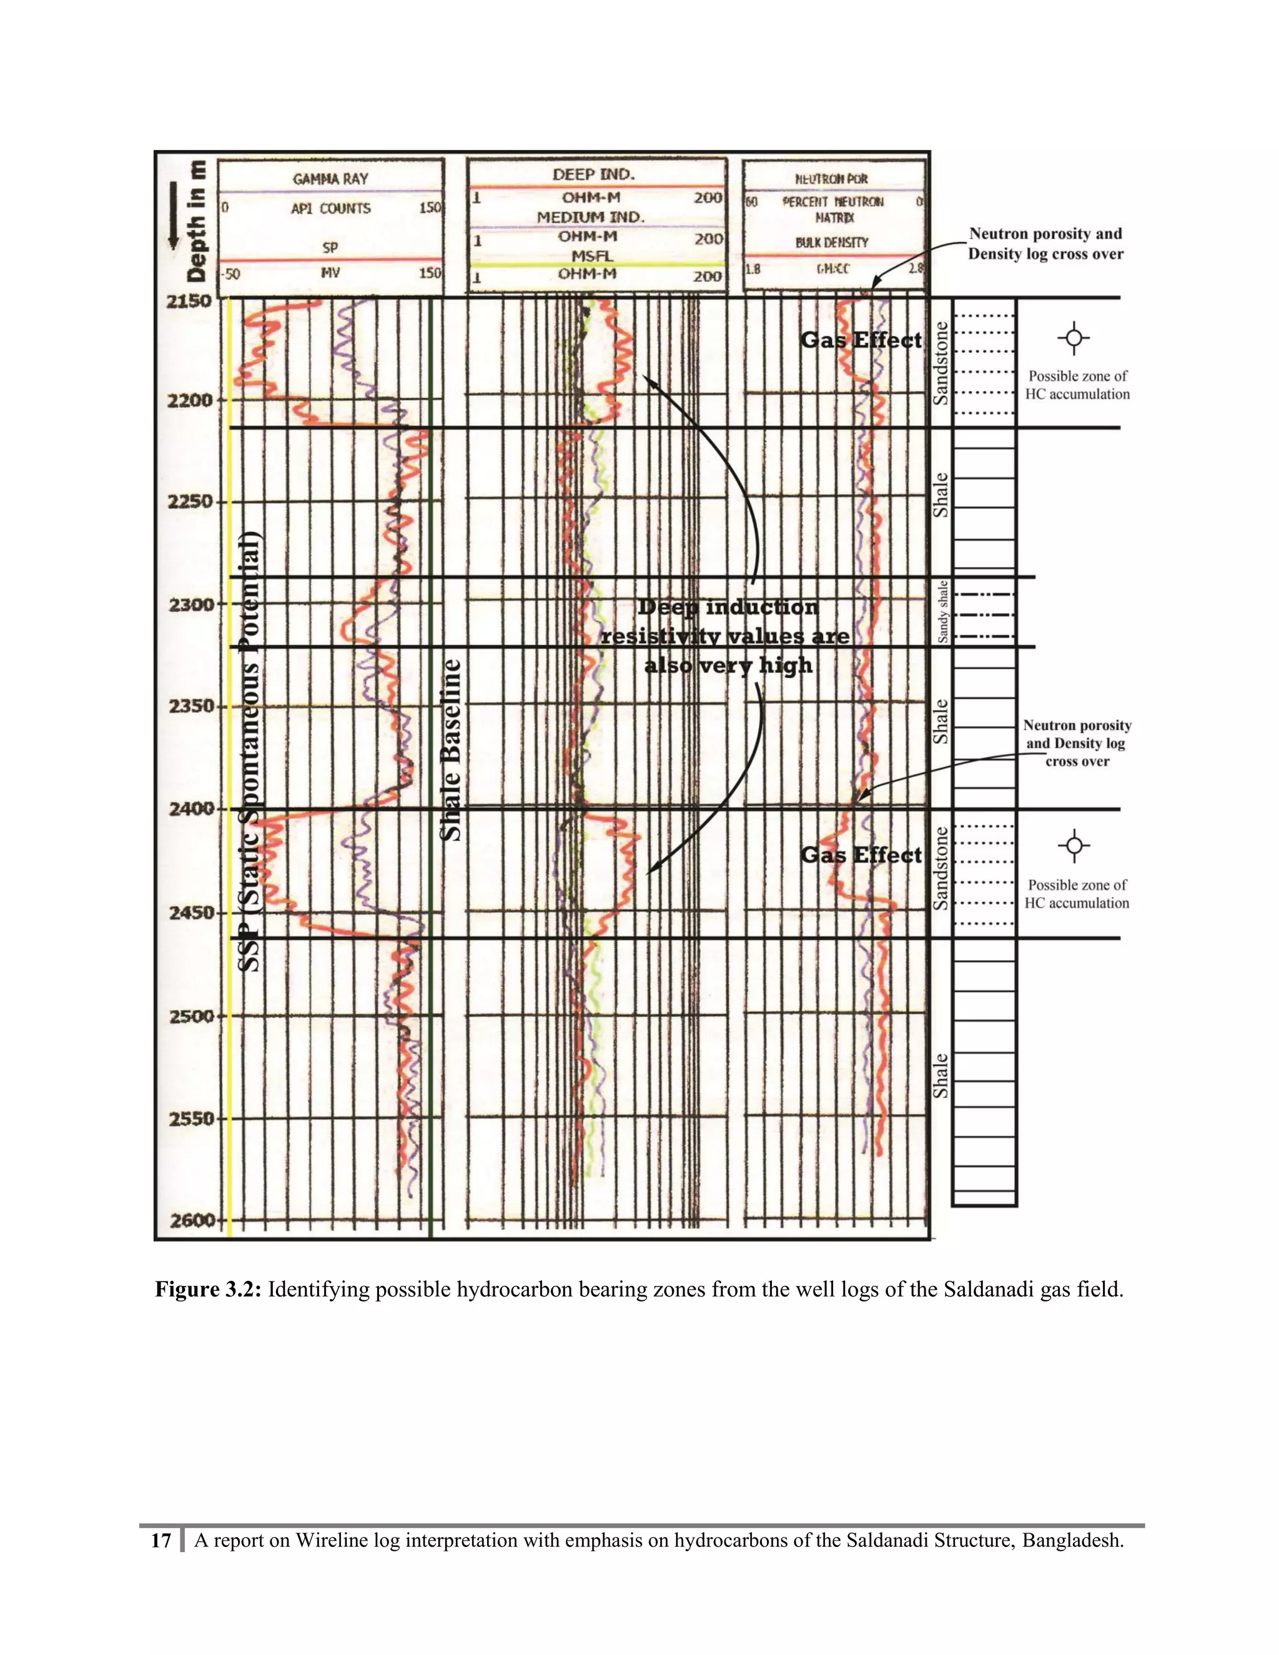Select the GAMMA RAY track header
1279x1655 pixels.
[x=330, y=179]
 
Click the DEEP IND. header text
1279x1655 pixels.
[x=593, y=174]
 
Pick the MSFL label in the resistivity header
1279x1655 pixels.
[x=592, y=256]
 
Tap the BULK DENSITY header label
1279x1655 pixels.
[x=832, y=242]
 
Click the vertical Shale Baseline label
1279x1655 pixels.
[x=452, y=749]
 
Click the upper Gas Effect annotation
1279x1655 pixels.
[x=861, y=340]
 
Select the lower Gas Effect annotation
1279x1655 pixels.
[x=861, y=856]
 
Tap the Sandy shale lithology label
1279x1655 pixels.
[x=942, y=611]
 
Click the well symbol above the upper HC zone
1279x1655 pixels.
[x=1074, y=338]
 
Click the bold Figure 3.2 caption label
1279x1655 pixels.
[x=209, y=1289]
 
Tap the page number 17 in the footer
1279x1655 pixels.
[x=160, y=1540]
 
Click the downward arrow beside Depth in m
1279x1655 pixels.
[x=174, y=216]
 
